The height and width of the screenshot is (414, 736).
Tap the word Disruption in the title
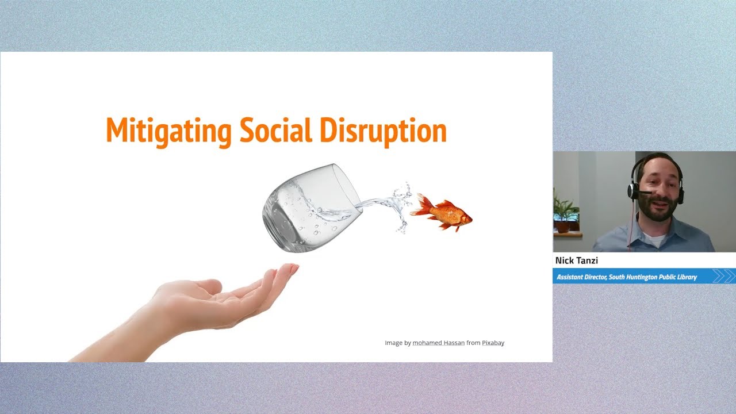point(383,131)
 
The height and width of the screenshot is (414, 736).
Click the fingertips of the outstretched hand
point(290,269)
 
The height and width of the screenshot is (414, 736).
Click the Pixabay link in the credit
point(493,343)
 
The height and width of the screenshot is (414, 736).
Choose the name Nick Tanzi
point(577,260)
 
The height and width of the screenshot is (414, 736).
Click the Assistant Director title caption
point(627,277)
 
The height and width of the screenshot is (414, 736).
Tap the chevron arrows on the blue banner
point(723,277)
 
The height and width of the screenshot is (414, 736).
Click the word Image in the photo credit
point(393,343)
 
